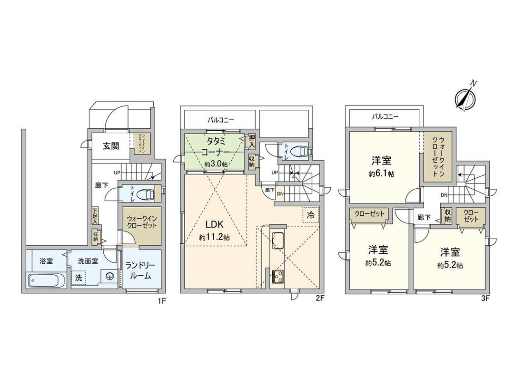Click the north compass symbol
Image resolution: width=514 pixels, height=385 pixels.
click(x=465, y=96)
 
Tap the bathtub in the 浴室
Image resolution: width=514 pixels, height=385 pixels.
click(x=46, y=280)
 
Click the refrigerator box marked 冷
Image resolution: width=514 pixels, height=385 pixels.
click(x=310, y=215)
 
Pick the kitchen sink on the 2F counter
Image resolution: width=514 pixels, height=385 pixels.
click(x=277, y=240)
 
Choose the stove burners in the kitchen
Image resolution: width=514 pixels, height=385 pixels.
click(x=277, y=276)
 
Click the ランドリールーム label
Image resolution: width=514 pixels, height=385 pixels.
click(x=141, y=271)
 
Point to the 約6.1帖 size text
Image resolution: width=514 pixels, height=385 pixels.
click(x=381, y=173)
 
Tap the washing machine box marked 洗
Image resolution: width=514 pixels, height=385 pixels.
click(x=78, y=278)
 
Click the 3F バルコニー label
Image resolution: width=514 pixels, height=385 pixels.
click(x=385, y=116)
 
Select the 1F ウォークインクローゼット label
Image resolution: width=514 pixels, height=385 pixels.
click(x=141, y=222)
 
